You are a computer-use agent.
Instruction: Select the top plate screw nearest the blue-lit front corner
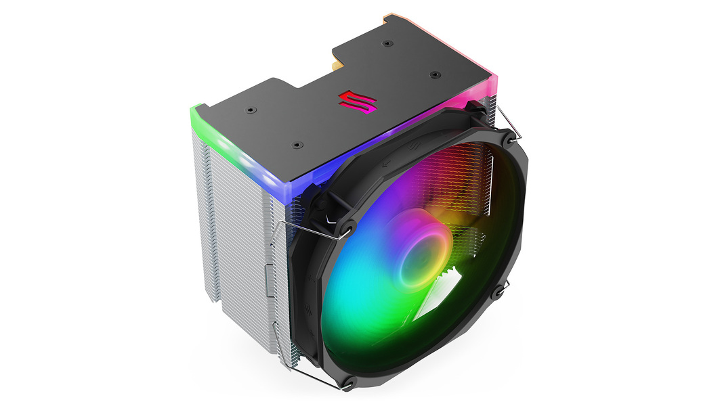click(x=296, y=144)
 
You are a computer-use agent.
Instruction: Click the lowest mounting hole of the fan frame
click(x=350, y=386)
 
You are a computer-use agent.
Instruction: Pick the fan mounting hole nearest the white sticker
click(x=499, y=292)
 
